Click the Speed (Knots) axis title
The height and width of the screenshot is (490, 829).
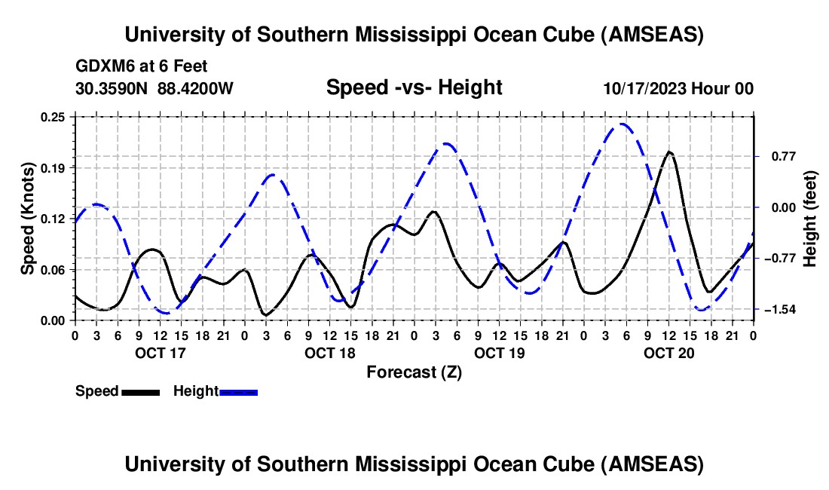pos(27,219)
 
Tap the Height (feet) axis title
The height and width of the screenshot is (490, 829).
pos(810,219)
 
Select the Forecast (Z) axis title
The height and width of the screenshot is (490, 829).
pos(414,372)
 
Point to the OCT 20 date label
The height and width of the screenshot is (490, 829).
pos(668,353)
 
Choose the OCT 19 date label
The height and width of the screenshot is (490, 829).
pos(498,353)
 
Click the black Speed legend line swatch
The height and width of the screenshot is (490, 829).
pos(140,392)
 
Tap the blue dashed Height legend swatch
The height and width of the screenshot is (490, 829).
pos(238,392)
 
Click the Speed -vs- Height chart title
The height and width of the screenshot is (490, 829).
pos(414,88)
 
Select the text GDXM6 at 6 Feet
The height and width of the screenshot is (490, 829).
pos(142,66)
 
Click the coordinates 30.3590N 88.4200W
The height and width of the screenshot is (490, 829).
pos(154,88)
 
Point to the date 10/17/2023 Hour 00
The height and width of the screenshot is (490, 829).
pos(678,88)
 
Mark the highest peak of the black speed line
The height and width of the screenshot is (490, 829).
pos(668,152)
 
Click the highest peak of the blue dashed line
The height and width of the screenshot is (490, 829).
pos(622,124)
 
